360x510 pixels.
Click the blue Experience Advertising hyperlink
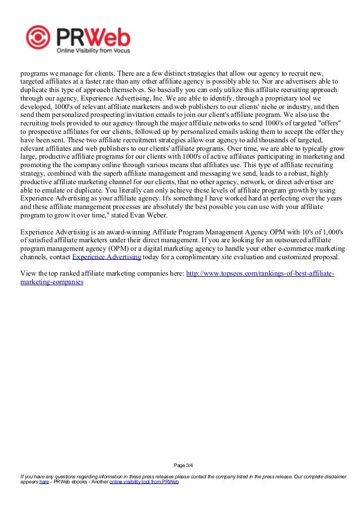(107, 257)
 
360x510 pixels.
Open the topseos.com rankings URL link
(260, 274)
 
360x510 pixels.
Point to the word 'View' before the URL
(28, 274)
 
